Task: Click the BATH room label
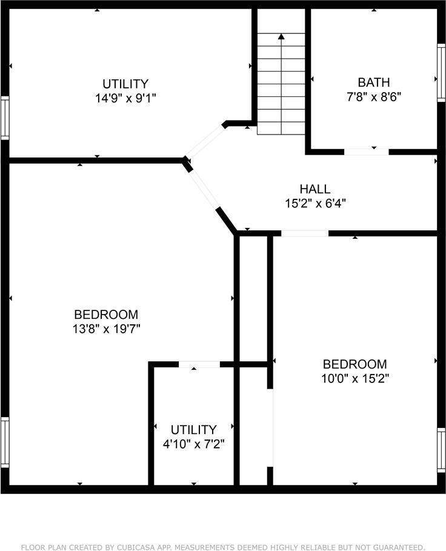click(373, 82)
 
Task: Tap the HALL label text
click(315, 189)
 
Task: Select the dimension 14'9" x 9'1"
click(125, 98)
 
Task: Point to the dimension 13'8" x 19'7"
click(106, 329)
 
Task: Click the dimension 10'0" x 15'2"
click(354, 378)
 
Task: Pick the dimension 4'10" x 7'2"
click(193, 444)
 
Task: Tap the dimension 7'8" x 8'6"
click(373, 96)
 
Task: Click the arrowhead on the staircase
click(281, 36)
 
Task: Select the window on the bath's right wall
click(441, 73)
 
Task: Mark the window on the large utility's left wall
click(5, 118)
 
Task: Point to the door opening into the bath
click(367, 152)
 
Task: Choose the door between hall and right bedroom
click(305, 233)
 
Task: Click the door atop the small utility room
click(199, 364)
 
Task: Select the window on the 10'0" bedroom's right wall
click(441, 450)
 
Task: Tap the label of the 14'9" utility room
click(125, 84)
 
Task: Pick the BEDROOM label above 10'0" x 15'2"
click(354, 364)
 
